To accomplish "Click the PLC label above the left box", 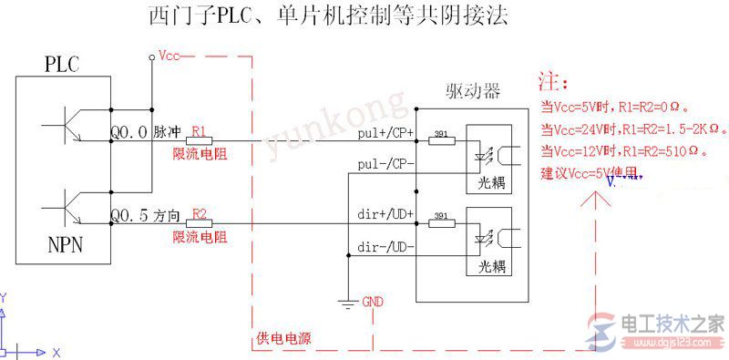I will [x=62, y=65].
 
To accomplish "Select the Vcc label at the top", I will [x=169, y=56].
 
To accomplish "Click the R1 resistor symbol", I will [x=200, y=140].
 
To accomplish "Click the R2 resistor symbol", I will [x=200, y=223].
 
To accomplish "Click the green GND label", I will [x=374, y=301].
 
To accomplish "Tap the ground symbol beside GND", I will [x=347, y=303].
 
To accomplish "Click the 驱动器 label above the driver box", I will [x=473, y=91].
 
